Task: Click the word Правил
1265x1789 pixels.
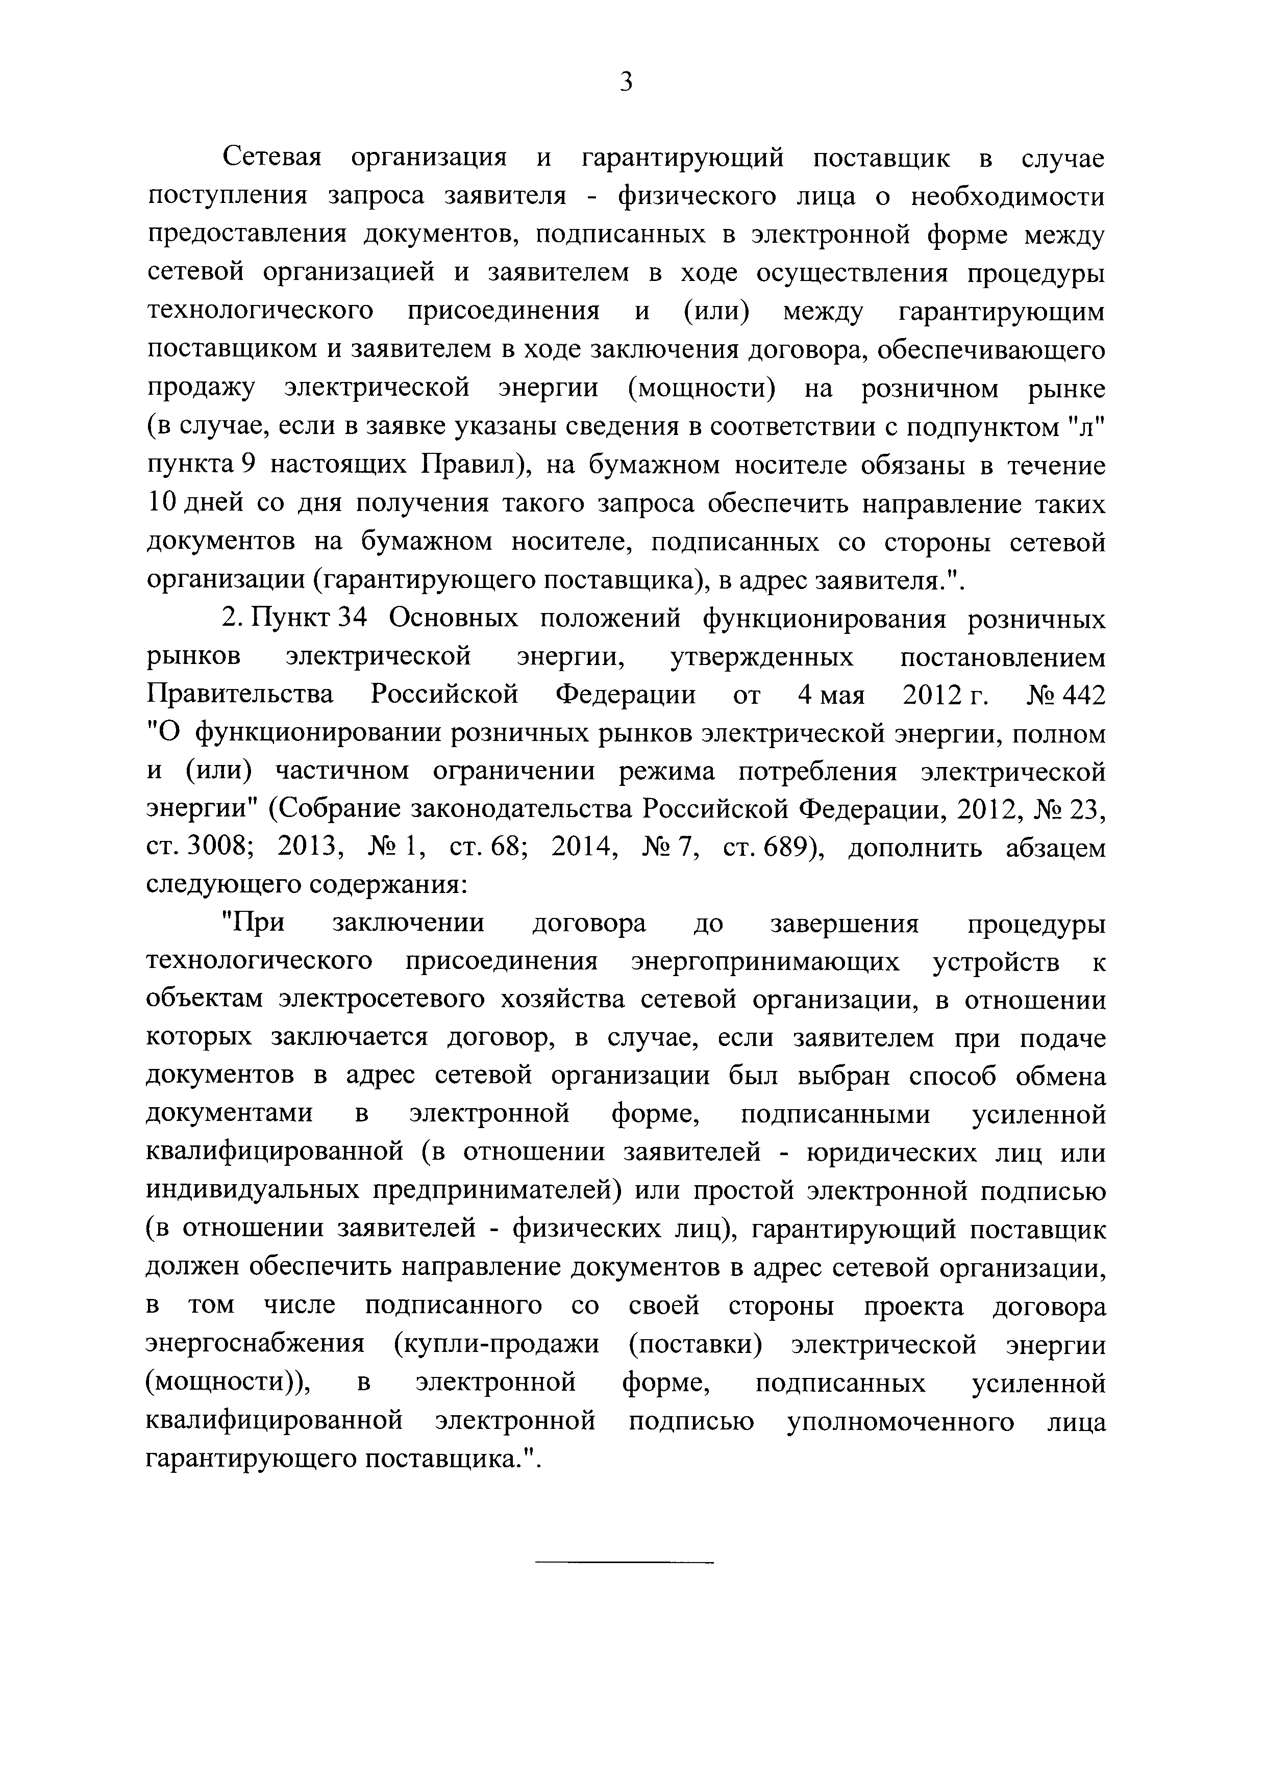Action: [x=469, y=465]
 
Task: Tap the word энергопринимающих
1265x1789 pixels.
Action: [x=764, y=963]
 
